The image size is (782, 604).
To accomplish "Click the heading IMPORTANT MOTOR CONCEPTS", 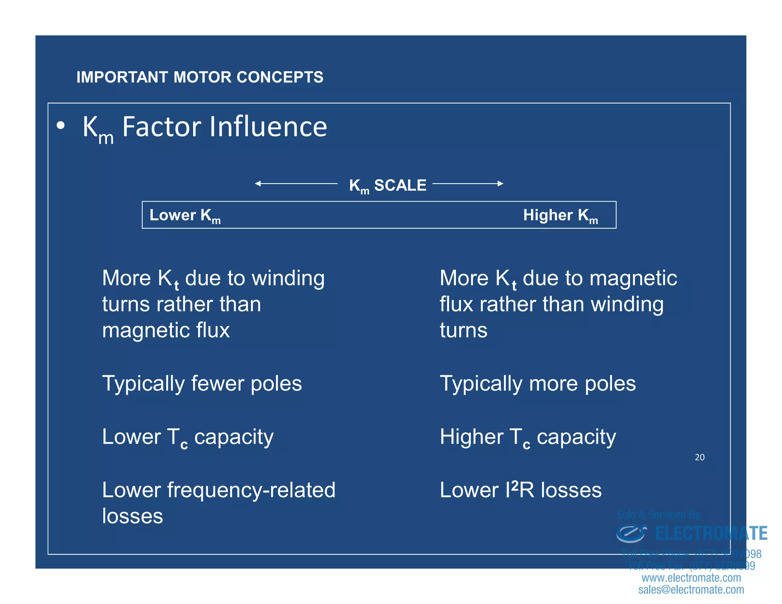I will click(x=200, y=77).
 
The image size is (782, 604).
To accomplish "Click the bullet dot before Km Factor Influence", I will click(x=60, y=126).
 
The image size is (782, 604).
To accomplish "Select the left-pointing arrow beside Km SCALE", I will click(x=296, y=184).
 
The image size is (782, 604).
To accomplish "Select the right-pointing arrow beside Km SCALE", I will click(x=468, y=184).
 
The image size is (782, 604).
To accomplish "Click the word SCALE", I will click(x=400, y=185).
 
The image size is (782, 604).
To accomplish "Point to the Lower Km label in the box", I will click(x=185, y=215).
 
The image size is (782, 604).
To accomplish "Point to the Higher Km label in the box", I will click(x=560, y=215).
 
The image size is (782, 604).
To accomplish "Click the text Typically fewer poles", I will click(x=202, y=383).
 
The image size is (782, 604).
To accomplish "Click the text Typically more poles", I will click(x=538, y=383).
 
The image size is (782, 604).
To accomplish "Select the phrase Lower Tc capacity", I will click(x=187, y=437).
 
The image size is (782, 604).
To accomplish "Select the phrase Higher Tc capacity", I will click(x=528, y=437).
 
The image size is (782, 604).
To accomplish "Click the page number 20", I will click(x=700, y=457).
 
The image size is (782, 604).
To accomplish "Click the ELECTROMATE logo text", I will click(x=711, y=533).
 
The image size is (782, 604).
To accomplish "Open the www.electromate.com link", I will click(x=691, y=578).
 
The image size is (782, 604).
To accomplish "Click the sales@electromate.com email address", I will click(x=691, y=590).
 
